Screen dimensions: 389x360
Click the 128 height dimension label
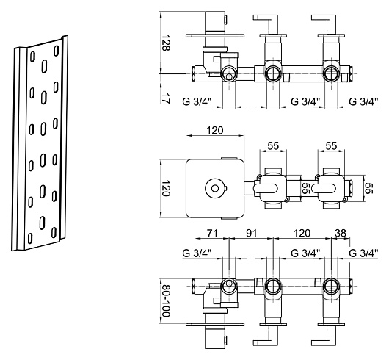(x=166, y=43)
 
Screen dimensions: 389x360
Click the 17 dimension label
(x=166, y=98)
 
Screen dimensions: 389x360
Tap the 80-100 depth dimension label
(x=165, y=300)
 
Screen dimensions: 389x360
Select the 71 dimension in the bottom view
(x=212, y=233)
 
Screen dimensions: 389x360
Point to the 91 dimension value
(x=251, y=233)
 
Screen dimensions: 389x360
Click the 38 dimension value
(x=341, y=233)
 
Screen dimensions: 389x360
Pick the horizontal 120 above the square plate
(x=215, y=130)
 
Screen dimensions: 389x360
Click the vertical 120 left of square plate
(x=166, y=188)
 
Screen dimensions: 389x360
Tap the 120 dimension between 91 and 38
(x=302, y=233)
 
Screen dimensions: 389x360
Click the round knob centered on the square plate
(x=215, y=188)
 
